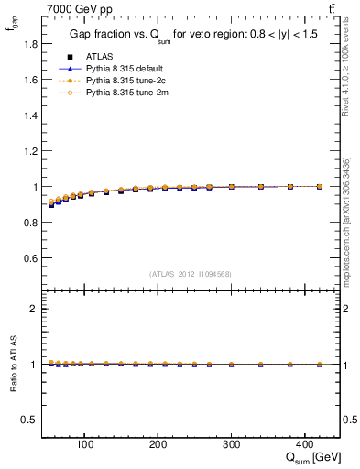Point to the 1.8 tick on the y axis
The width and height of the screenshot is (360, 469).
(30, 44)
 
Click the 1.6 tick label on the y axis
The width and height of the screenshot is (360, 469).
(30, 80)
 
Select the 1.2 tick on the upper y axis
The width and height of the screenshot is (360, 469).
(30, 151)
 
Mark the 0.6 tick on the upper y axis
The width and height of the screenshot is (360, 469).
(30, 258)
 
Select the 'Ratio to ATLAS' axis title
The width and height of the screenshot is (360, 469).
(12, 364)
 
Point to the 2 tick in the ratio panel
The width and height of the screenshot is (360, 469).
(34, 309)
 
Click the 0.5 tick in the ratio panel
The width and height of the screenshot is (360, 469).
(30, 420)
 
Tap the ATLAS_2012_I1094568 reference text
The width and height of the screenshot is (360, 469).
(191, 274)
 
